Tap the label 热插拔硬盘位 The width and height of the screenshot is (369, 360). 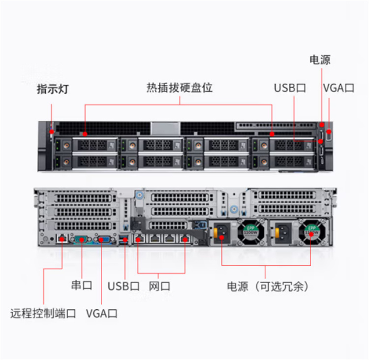coord(180,88)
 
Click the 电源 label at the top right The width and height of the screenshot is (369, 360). coord(320,60)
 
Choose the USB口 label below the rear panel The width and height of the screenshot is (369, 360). coord(123,286)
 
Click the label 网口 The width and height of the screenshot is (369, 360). coord(159,286)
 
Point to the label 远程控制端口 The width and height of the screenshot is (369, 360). coord(43,313)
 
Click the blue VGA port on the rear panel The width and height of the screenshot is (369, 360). coord(104,240)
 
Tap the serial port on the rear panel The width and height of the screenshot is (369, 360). coord(81,240)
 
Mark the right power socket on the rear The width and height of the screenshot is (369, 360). coord(284,232)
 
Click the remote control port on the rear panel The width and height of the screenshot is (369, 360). coord(62,239)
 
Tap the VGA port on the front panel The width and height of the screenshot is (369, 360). coord(329,132)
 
